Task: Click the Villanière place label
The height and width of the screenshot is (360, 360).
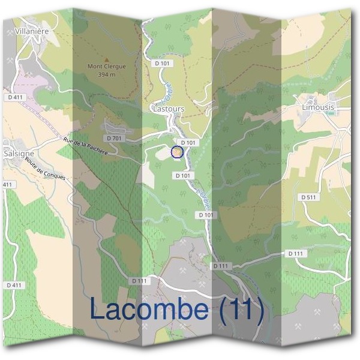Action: [x=34, y=29]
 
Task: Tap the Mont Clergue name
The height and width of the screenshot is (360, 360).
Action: [x=107, y=67]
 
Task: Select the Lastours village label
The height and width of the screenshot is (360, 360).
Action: [x=169, y=109]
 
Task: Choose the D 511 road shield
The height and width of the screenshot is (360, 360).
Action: [x=308, y=197]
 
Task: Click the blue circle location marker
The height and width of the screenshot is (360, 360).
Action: [x=177, y=152]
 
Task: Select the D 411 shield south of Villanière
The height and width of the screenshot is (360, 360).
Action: [x=16, y=97]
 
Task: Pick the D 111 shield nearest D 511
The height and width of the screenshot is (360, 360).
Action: [x=295, y=254]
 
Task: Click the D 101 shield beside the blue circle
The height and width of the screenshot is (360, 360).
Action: [x=188, y=142]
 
